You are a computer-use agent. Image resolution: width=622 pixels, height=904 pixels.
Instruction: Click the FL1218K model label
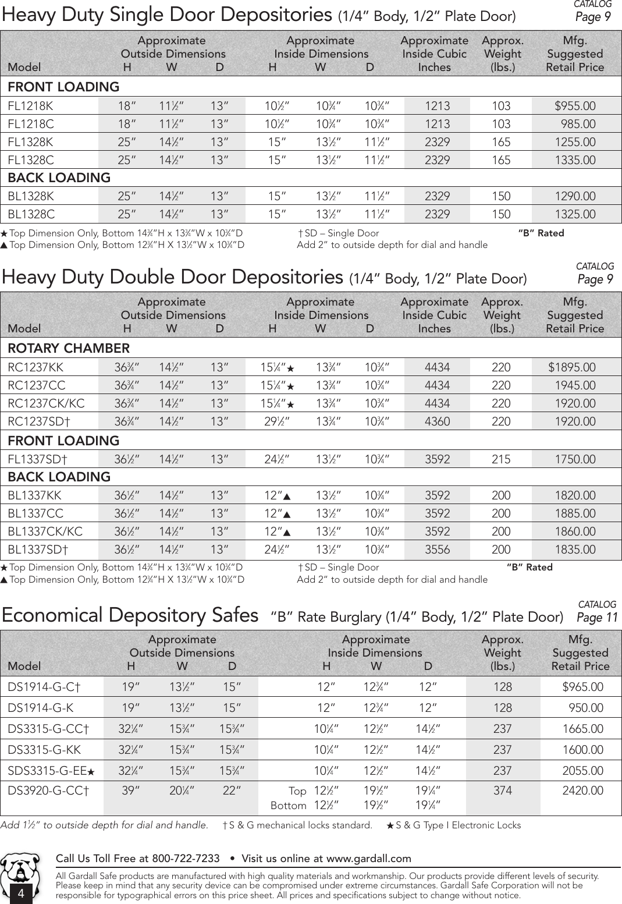click(30, 106)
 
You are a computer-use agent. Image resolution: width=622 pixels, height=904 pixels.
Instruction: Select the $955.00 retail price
click(575, 106)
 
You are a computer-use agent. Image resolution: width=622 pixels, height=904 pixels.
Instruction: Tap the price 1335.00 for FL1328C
click(575, 160)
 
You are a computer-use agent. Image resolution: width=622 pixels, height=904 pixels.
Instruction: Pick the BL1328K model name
click(31, 196)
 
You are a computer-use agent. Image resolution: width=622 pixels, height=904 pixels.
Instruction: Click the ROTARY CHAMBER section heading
click(69, 349)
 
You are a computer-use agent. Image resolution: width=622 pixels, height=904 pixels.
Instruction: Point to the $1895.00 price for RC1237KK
click(572, 367)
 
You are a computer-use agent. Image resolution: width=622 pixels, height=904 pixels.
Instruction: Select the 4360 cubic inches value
click(437, 421)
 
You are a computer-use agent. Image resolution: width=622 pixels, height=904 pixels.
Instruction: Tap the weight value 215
click(501, 459)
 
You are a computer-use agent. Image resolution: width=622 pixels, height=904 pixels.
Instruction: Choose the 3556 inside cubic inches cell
click(437, 550)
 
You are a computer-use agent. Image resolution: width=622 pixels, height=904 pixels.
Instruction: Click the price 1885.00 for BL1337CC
click(575, 513)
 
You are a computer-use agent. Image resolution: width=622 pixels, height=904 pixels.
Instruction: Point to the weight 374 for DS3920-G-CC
click(503, 790)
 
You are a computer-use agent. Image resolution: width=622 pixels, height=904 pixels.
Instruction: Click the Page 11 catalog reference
click(597, 617)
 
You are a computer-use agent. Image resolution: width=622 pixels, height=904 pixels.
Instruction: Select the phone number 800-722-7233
click(186, 859)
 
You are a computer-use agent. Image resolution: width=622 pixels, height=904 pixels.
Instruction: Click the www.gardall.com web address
click(368, 859)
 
